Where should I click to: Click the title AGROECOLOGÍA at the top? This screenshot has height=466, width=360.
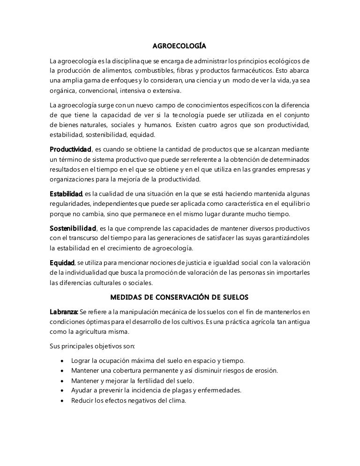pos(180,47)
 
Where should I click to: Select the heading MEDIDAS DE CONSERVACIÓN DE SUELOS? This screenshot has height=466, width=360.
pos(180,297)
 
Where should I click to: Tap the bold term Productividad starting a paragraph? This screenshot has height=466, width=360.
pos(70,150)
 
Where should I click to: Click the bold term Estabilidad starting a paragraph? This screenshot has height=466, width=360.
pos(66,194)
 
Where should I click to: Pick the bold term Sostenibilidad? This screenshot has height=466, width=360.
pos(73,228)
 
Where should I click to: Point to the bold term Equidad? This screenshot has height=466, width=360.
pos(62,263)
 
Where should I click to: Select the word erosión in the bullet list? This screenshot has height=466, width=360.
pos(265,371)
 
